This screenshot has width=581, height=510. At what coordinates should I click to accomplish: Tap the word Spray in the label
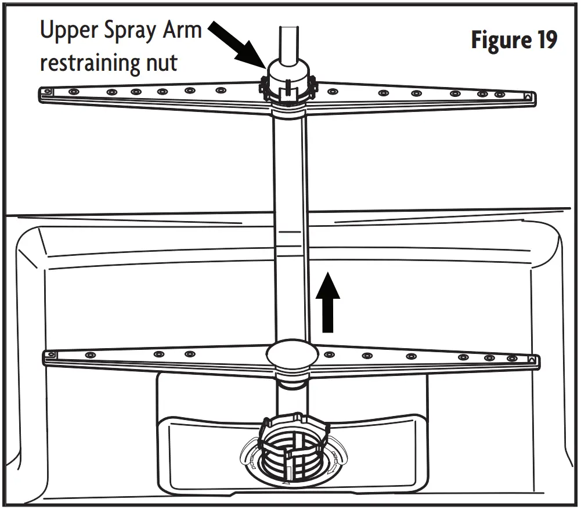click(131, 31)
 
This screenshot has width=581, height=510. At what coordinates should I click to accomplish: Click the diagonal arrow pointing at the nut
click(234, 43)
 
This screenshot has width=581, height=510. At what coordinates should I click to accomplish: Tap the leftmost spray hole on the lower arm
click(89, 355)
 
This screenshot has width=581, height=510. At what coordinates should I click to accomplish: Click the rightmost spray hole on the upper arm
click(499, 95)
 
